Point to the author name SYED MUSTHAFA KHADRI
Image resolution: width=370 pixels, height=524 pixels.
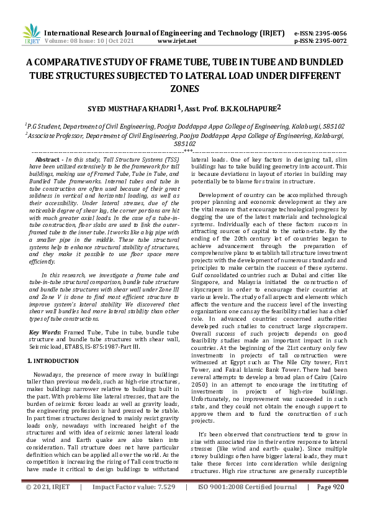(132, 108)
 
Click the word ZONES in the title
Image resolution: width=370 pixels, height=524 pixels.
(184, 89)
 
